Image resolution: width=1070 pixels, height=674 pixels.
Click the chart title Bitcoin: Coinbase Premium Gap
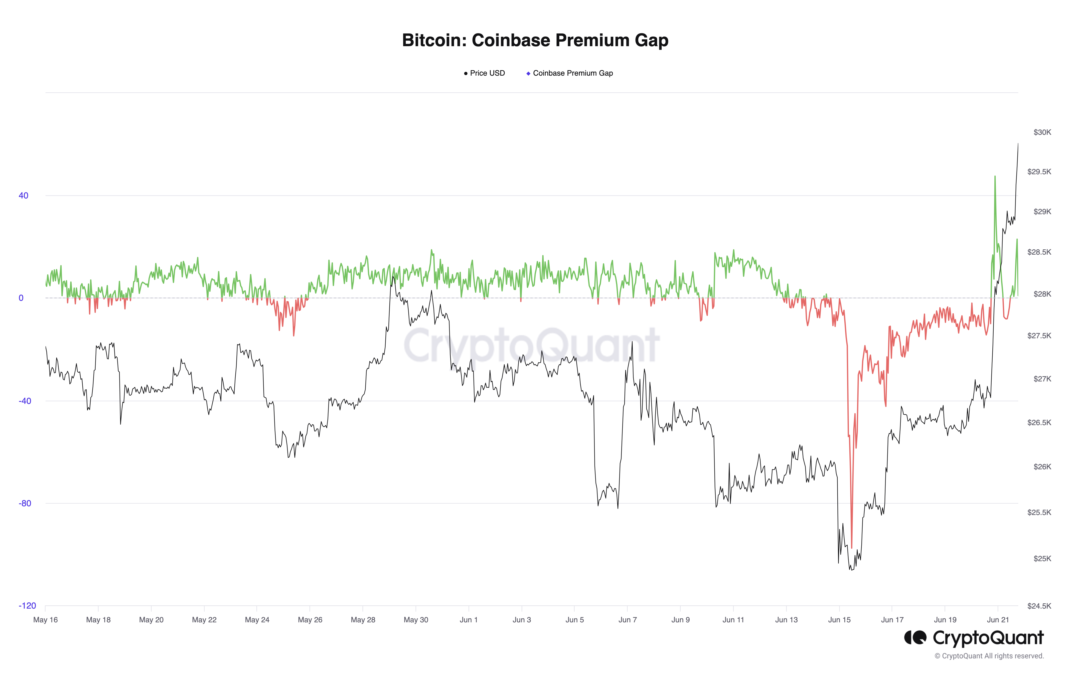[535, 40]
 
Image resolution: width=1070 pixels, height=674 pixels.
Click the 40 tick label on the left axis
[23, 195]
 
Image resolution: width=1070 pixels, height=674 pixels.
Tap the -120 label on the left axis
[27, 606]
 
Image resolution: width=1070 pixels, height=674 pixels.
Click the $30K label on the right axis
[1042, 132]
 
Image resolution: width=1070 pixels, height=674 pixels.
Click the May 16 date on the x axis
[45, 620]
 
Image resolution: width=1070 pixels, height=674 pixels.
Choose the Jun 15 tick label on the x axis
[839, 620]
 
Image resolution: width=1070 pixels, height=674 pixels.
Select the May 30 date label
[416, 620]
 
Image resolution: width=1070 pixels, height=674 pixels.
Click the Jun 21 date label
[998, 620]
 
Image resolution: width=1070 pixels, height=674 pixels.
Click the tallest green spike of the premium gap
[995, 176]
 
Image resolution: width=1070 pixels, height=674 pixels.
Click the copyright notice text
[989, 656]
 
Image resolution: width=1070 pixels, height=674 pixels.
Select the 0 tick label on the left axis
[21, 298]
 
